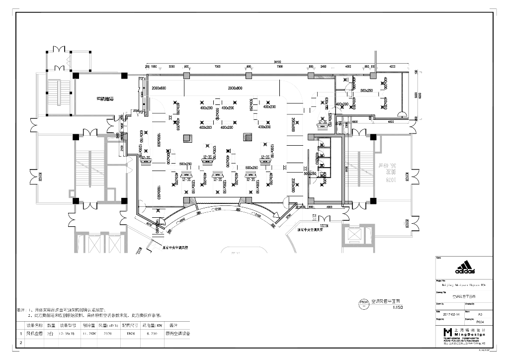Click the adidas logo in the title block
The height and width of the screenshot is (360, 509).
click(x=465, y=269)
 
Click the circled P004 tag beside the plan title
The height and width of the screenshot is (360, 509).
click(x=364, y=303)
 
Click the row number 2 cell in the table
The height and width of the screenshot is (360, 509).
click(x=21, y=342)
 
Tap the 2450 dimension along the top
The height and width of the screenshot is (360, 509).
click(x=323, y=66)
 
